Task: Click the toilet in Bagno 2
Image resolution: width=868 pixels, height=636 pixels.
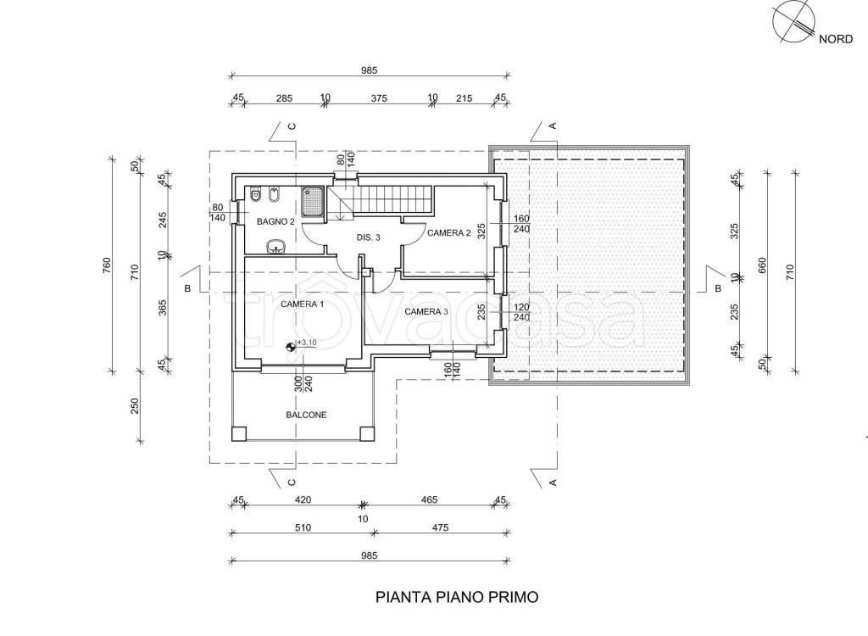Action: click(256, 194)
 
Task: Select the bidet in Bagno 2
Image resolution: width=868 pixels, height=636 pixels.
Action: click(274, 194)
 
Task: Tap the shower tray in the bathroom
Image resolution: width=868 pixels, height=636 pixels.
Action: click(314, 202)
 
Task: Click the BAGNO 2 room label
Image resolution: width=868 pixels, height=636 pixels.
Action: click(275, 221)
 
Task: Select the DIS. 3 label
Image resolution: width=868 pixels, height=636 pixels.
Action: click(368, 237)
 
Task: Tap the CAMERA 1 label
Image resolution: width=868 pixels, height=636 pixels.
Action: click(303, 304)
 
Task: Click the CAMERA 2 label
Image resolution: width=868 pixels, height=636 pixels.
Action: click(449, 233)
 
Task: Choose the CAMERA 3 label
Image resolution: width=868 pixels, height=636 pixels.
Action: click(426, 312)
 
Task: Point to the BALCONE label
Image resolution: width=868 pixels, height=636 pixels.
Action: click(306, 415)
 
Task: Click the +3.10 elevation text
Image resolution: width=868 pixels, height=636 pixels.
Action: click(307, 343)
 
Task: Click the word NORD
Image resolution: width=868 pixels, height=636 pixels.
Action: click(836, 39)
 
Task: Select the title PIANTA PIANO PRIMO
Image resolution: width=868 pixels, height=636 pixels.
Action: click(457, 597)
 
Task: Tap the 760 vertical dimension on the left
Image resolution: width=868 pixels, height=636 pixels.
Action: click(108, 265)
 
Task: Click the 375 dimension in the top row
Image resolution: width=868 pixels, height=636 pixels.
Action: click(379, 98)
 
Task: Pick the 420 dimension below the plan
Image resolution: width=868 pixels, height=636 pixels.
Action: click(303, 499)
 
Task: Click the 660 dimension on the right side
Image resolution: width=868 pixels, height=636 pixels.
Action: click(762, 265)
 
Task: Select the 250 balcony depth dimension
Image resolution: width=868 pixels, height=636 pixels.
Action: click(135, 407)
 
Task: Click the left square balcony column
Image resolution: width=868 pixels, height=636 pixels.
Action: click(239, 433)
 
